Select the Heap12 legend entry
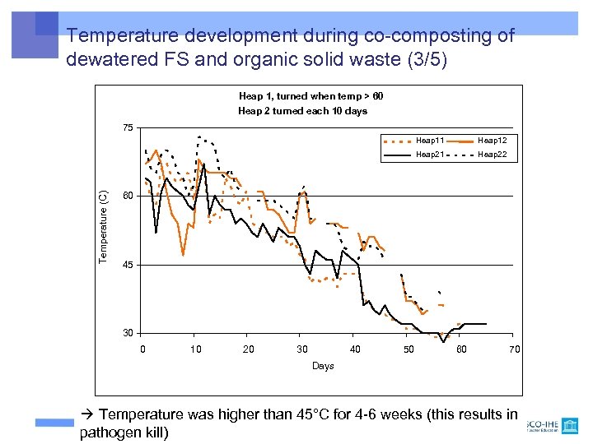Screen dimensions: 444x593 click(x=492, y=141)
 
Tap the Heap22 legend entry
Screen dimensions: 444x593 click(x=492, y=154)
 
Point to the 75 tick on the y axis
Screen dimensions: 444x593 click(x=128, y=127)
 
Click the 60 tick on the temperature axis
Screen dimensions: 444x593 click(x=128, y=197)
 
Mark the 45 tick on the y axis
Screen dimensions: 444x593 click(x=128, y=266)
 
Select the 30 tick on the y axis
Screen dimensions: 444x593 click(x=128, y=333)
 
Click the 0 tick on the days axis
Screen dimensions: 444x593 click(x=142, y=349)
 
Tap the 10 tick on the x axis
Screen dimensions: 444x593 click(x=195, y=349)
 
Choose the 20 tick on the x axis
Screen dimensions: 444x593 click(x=249, y=349)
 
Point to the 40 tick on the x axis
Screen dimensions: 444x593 click(x=355, y=349)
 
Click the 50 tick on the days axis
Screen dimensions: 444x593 click(x=409, y=349)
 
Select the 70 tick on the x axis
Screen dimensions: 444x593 click(x=515, y=349)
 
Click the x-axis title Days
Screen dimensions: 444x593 click(x=323, y=366)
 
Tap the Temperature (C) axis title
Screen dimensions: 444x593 click(x=103, y=227)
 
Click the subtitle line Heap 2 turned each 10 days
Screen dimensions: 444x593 click(x=302, y=111)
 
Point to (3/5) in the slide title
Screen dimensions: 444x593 click(x=422, y=60)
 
